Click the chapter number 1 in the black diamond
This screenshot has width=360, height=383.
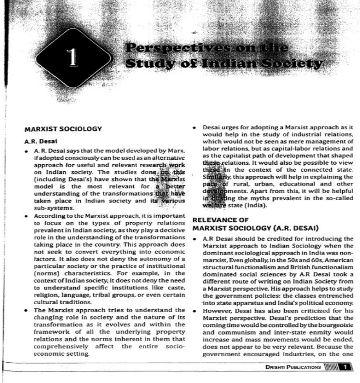click(74, 59)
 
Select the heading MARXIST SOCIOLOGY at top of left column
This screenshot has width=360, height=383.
click(64, 129)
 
